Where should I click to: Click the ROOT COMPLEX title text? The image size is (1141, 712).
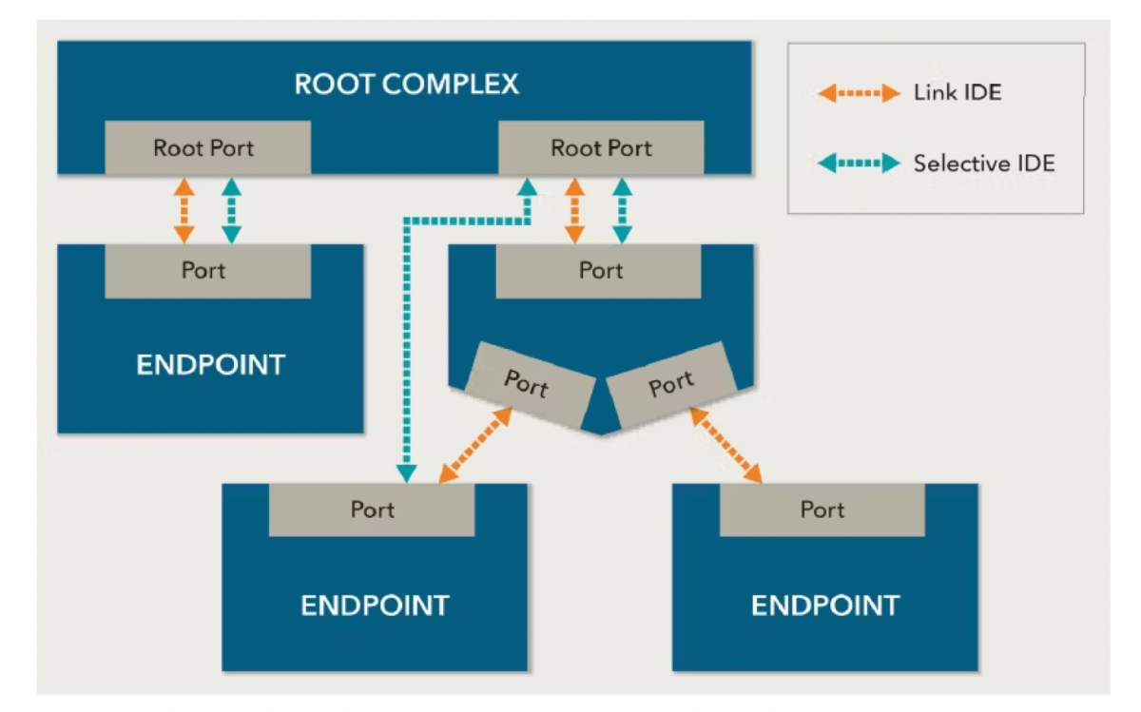pos(406,84)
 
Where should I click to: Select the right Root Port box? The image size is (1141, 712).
pos(601,148)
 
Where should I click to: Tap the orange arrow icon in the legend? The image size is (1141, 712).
pos(859,93)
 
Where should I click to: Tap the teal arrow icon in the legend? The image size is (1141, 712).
pos(859,164)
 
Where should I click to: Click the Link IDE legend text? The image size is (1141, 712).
pos(957,93)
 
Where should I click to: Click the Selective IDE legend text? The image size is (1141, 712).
pos(983,164)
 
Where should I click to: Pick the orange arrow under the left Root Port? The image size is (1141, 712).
pos(184,210)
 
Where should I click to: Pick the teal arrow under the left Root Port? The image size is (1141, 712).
pos(231,210)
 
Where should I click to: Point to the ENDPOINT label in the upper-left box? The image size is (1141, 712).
pos(210,365)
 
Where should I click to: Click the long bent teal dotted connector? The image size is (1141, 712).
pos(407,333)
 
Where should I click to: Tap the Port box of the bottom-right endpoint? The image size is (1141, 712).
pos(822,510)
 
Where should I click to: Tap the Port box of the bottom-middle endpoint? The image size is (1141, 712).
pos(372,510)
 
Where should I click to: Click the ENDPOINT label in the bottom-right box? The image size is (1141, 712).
pos(824,606)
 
